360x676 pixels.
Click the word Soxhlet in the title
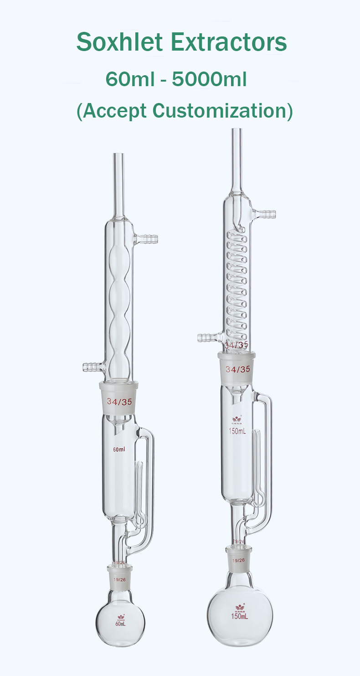click(x=120, y=42)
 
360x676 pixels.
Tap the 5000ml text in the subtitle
click(x=210, y=80)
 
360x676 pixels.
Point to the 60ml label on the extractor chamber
click(x=119, y=449)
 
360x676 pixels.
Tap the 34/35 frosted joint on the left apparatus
click(x=118, y=402)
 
